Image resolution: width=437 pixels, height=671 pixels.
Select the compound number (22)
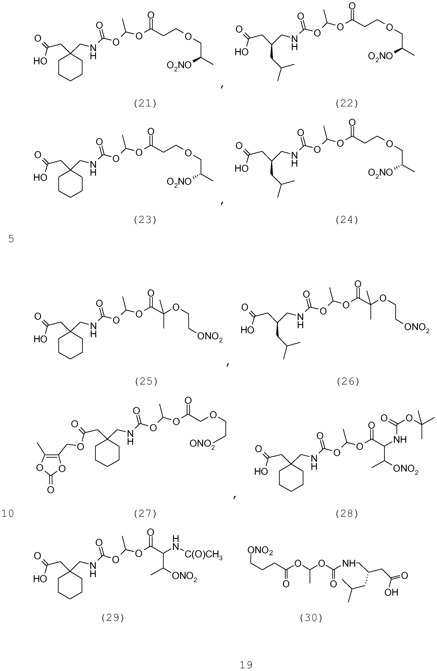point(347,104)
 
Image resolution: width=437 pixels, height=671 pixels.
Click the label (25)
point(146,381)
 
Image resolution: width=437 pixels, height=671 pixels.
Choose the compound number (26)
point(348,381)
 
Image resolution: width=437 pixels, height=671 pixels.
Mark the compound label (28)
point(347,514)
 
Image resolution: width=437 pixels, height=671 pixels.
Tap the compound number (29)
point(112,618)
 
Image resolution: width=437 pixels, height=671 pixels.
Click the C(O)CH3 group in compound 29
point(204,556)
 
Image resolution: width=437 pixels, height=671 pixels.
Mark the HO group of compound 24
point(242,168)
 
